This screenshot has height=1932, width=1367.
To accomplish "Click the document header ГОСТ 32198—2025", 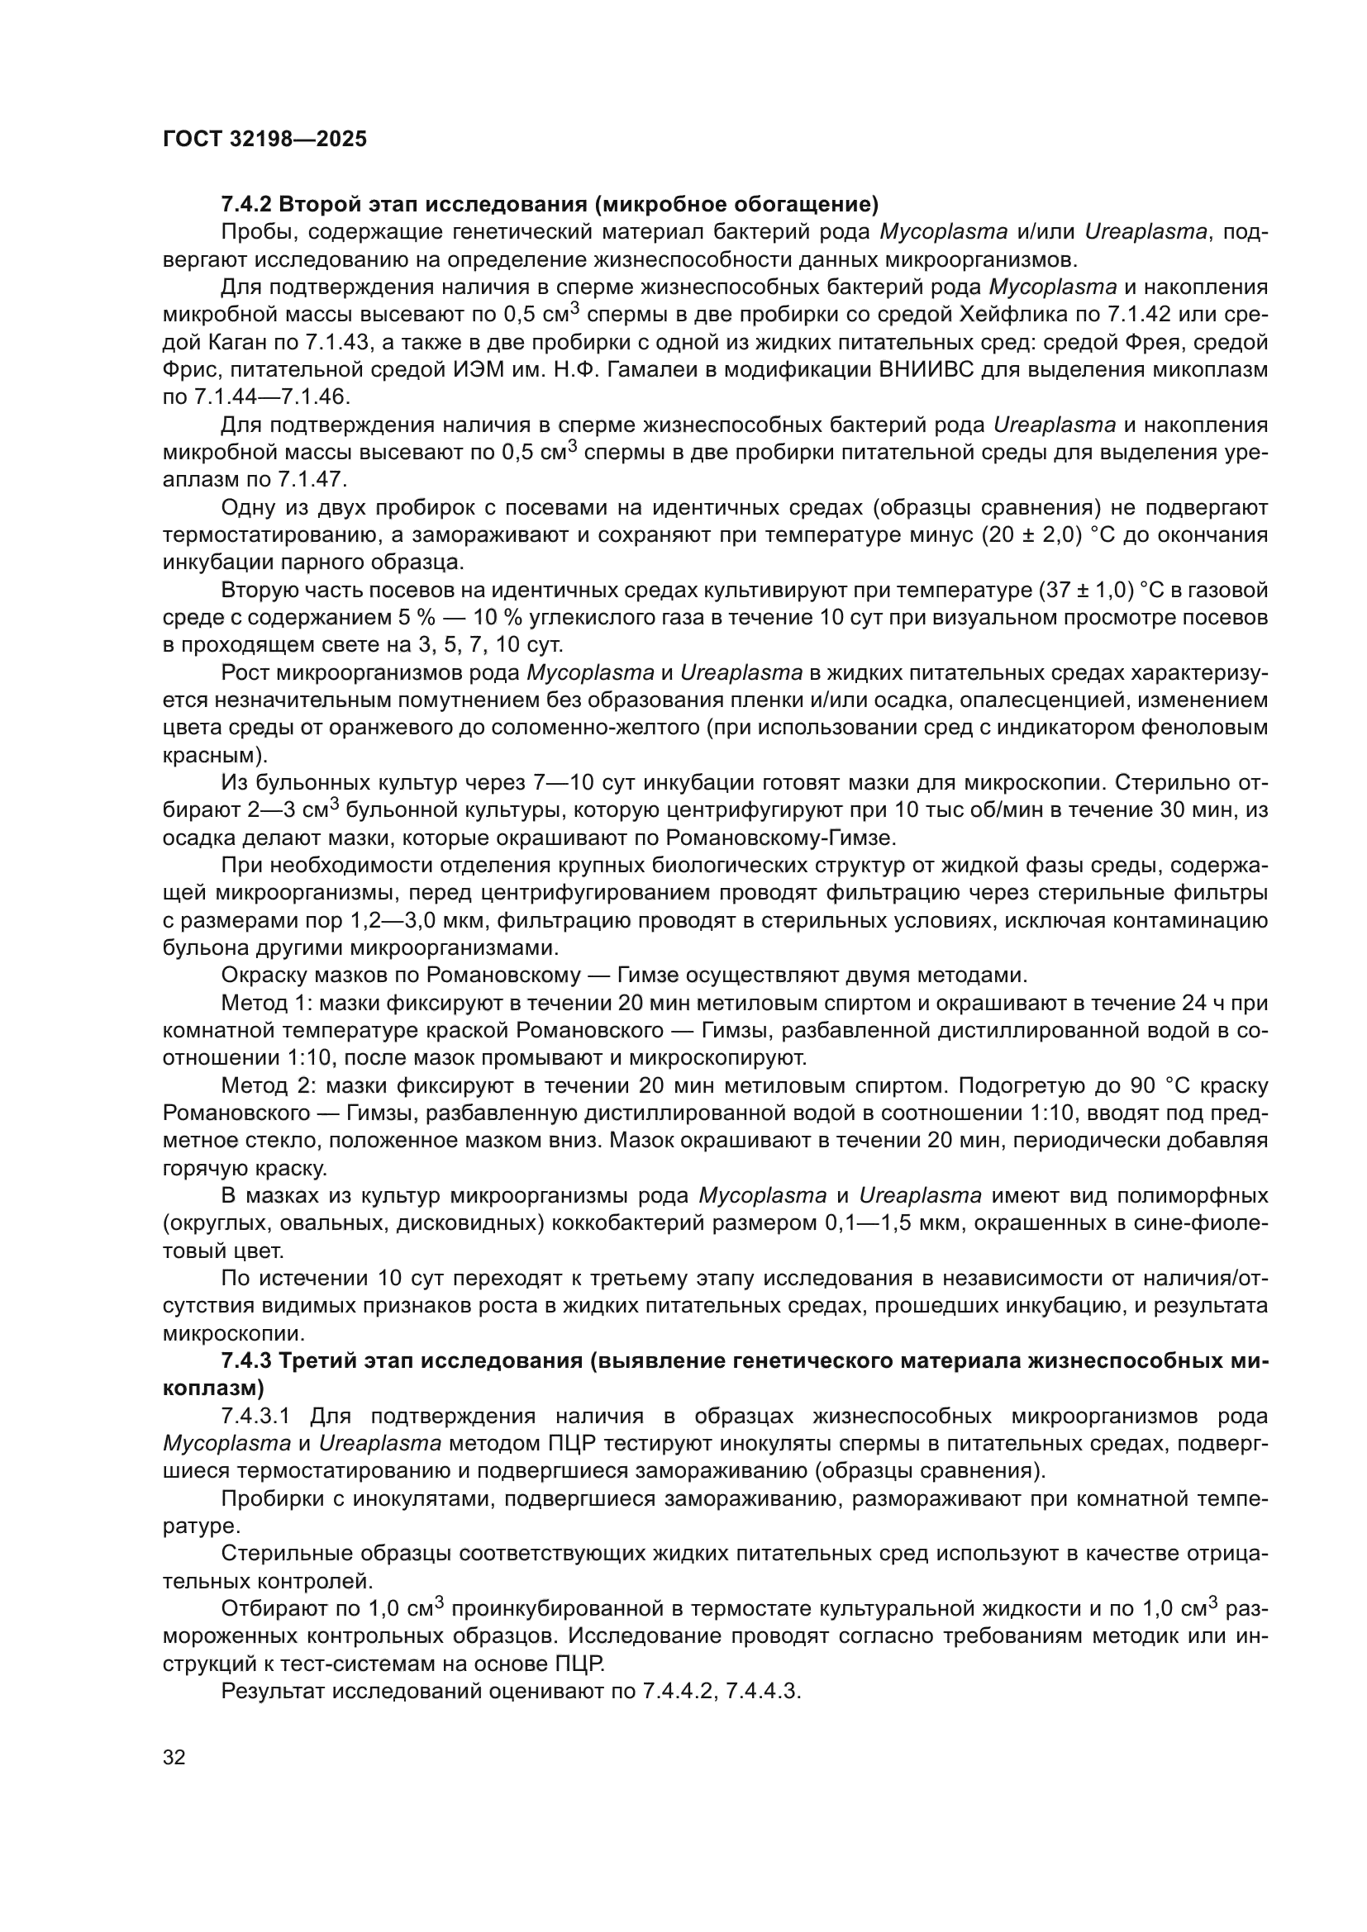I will point(264,140).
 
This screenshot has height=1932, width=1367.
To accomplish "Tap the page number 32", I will point(174,1757).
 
